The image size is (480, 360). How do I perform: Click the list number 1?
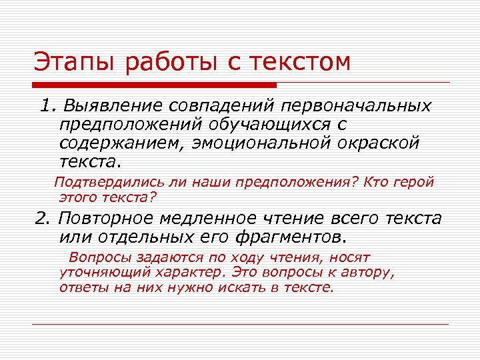pyautogui.click(x=45, y=107)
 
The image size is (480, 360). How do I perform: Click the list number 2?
pyautogui.click(x=42, y=219)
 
